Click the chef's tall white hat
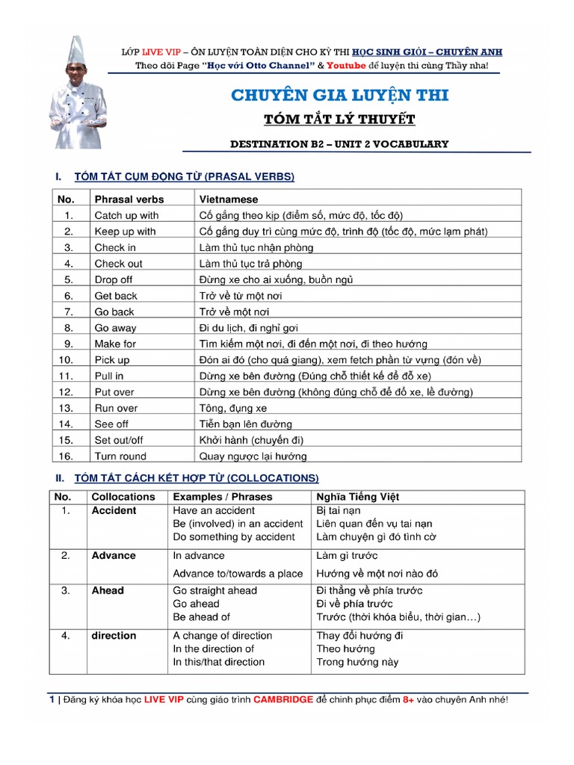coord(75,50)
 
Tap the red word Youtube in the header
coord(346,66)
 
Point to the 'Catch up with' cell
coord(126,215)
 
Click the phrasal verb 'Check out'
coord(118,264)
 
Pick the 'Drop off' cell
coord(113,279)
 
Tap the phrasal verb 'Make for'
coord(115,344)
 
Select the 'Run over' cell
coord(116,408)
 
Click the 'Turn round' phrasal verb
coord(120,456)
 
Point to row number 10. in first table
coord(66,359)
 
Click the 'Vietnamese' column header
coord(229,199)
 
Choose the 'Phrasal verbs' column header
coord(129,199)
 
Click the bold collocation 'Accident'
coord(114,510)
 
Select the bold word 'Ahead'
coord(108,590)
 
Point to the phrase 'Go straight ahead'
coord(215,590)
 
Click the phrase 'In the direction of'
coord(213,648)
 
